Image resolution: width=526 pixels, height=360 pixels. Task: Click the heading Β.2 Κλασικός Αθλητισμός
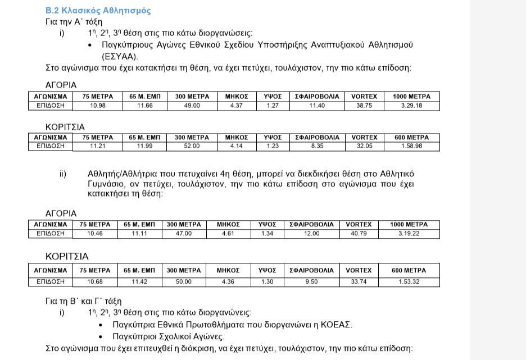coord(98,11)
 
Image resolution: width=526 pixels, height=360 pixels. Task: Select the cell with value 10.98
coord(97,106)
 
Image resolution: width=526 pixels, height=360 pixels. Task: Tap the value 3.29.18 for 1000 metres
coord(411,106)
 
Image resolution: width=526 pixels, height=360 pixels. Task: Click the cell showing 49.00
coord(192,106)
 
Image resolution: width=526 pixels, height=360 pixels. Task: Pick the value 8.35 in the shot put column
coord(317,146)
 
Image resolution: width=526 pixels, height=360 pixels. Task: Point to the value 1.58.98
coord(411,146)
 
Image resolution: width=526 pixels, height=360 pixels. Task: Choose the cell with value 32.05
coord(364,146)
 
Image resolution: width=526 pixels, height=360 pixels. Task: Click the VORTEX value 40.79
coord(359,234)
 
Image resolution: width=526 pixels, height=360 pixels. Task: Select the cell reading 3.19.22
coord(409,234)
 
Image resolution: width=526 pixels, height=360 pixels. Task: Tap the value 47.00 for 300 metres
coord(184,234)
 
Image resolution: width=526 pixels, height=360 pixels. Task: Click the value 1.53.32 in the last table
coord(409,282)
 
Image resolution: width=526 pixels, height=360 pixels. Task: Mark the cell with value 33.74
coord(359,282)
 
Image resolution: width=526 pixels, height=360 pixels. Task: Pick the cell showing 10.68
coord(95,282)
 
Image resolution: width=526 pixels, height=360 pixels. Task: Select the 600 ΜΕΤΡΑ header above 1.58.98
coord(411,138)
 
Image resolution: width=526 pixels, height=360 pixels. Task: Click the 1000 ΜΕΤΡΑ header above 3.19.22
coord(409,225)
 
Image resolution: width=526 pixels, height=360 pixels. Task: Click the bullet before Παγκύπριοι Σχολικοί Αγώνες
coord(101,337)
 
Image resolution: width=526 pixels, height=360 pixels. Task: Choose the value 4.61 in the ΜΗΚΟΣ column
coord(228,234)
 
